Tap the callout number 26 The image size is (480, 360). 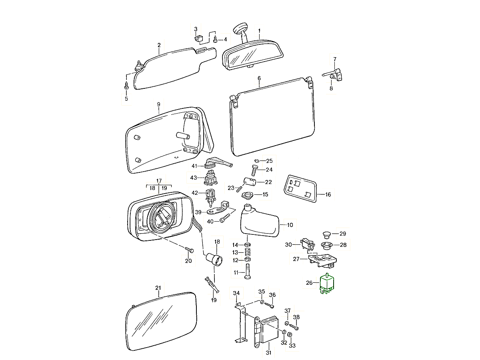309,283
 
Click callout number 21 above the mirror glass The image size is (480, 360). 158,288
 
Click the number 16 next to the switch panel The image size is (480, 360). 328,195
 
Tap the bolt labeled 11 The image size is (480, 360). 247,273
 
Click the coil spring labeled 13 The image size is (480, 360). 248,252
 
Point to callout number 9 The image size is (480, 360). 158,104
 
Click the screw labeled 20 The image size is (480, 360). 190,250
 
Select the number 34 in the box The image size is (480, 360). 236,294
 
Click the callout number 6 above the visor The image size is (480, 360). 259,78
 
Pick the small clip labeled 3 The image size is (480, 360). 198,39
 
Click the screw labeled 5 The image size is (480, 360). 126,85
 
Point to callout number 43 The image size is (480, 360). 194,177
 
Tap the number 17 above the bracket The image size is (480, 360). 158,180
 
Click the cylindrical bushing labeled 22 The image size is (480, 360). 249,182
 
